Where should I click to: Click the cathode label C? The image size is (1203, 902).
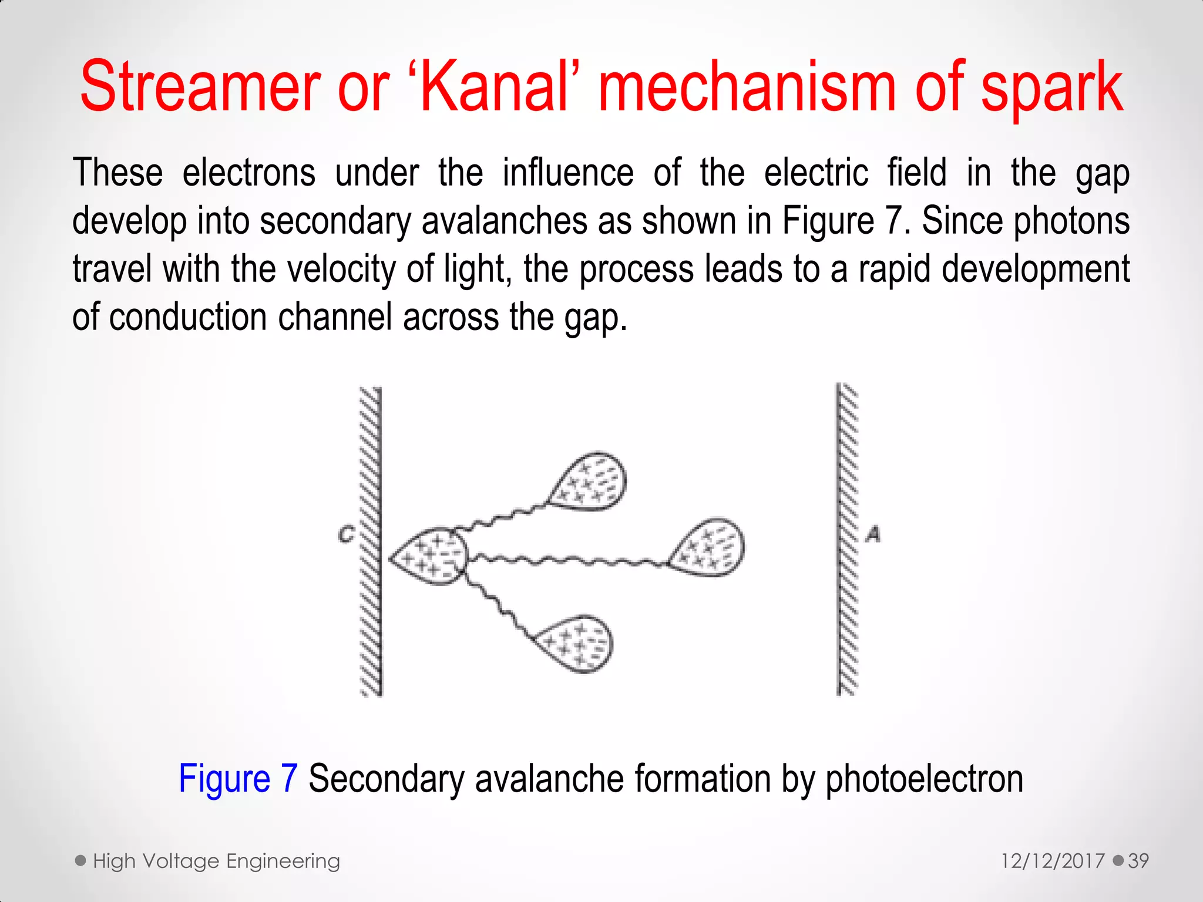coord(347,534)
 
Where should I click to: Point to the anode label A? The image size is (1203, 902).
coord(873,534)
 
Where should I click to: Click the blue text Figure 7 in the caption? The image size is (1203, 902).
coord(238,779)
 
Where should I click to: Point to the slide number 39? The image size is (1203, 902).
coord(1138,861)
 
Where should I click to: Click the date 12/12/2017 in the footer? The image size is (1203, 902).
coord(1053,861)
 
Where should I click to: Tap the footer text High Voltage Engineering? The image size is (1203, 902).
coord(216,861)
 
